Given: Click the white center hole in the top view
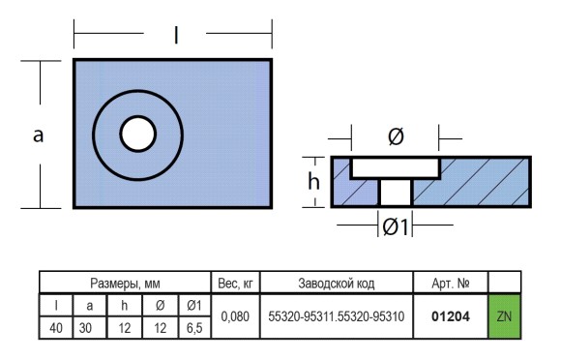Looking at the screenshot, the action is coord(137,134).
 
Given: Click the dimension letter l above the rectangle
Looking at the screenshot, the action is coord(176,36).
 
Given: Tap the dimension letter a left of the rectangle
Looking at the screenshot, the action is coord(38,136).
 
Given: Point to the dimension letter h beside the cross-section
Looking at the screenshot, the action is coord(313,181).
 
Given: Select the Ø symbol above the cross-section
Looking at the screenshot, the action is coord(396,136).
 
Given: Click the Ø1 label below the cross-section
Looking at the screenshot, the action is coord(395,226).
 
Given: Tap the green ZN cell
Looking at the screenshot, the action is coord(504,316).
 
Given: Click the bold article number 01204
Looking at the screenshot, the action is coord(451,316).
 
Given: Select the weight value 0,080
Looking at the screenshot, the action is coord(235,316).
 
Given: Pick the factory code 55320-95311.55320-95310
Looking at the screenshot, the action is coord(337,316).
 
